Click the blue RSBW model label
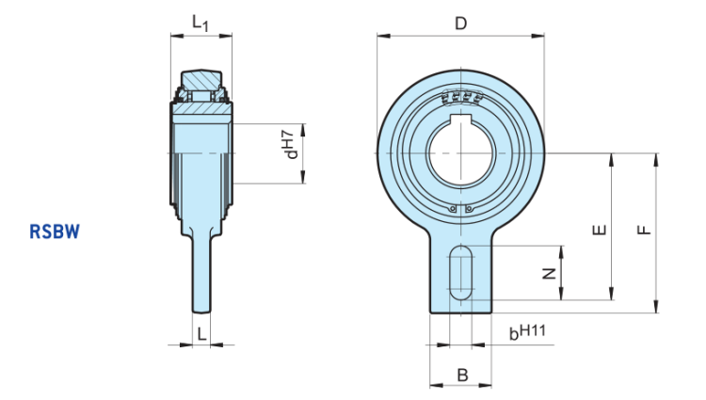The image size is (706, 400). click(55, 230)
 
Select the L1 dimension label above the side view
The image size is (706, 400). click(201, 23)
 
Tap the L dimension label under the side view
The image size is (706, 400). click(201, 330)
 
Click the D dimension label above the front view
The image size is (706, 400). click(460, 24)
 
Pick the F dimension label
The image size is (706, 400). click(644, 231)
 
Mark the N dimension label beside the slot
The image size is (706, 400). click(550, 273)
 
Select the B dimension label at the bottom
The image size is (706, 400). click(461, 375)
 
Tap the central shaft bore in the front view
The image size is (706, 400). click(460, 153)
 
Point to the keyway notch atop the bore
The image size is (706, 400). click(460, 119)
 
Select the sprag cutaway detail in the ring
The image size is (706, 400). click(460, 99)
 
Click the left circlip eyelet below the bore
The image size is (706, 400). click(452, 208)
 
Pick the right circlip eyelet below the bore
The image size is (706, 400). click(470, 208)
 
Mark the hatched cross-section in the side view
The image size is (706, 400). click(201, 110)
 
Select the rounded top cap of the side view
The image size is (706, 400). click(201, 76)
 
